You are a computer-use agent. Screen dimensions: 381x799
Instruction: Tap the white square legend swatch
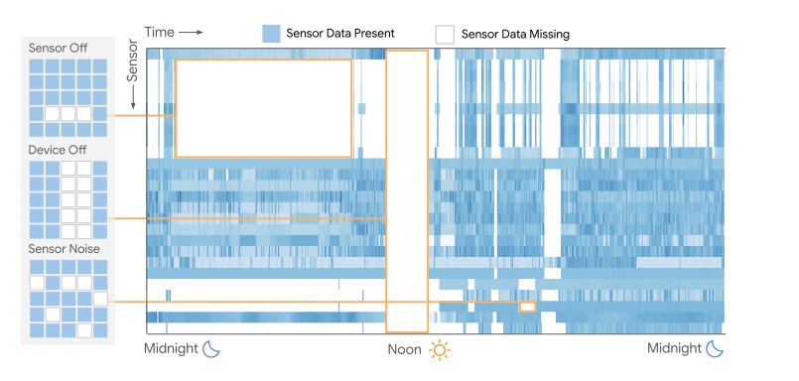[x=445, y=34]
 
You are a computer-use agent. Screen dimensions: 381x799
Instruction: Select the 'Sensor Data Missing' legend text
[x=515, y=34]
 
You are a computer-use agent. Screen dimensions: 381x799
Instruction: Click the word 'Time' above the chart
[x=159, y=32]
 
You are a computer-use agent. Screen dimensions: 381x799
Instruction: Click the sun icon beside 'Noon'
[x=439, y=350]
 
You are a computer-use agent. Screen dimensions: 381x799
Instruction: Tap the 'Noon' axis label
[x=405, y=350]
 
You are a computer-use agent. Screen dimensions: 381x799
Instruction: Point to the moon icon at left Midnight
[x=212, y=348]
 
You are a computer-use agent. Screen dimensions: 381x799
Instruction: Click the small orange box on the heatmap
[x=527, y=307]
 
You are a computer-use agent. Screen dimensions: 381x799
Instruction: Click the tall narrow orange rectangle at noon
[x=407, y=190]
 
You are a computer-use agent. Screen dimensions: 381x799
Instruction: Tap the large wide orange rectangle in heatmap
[x=263, y=107]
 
